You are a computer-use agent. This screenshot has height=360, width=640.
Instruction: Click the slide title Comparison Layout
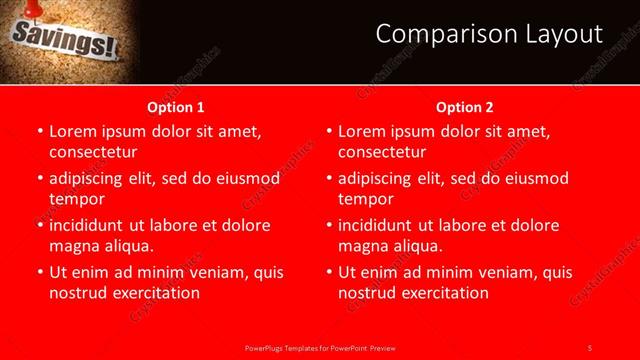tap(489, 34)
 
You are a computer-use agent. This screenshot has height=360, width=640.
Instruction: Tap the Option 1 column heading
tap(176, 107)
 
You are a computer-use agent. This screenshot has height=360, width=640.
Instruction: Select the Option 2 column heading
tap(465, 107)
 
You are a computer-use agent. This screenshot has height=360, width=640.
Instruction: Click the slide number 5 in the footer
tap(589, 347)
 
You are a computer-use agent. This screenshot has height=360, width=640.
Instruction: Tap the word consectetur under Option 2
tap(382, 152)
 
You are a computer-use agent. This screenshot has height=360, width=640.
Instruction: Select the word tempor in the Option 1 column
tap(75, 199)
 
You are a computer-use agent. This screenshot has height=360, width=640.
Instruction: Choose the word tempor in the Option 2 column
tap(365, 199)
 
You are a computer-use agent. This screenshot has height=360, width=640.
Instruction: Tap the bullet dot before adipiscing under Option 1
tap(40, 179)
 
